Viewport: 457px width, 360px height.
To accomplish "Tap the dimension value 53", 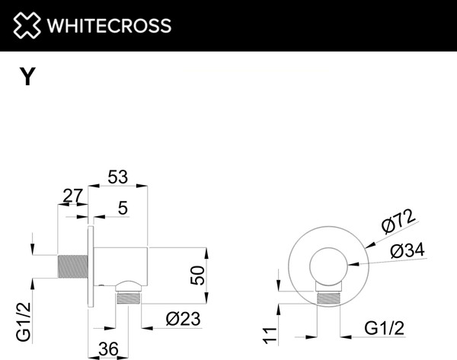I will pos(117,177).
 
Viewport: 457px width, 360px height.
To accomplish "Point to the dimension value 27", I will pos(73,196).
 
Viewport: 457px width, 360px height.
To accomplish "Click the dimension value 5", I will pos(123,208).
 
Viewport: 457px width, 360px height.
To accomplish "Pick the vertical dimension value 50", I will pos(198,274).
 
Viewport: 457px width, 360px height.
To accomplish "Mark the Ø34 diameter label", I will pos(407,251).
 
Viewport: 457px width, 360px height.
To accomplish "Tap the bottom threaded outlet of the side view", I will pos(127,297).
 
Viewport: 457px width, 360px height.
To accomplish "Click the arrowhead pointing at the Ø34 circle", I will pos(352,264).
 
